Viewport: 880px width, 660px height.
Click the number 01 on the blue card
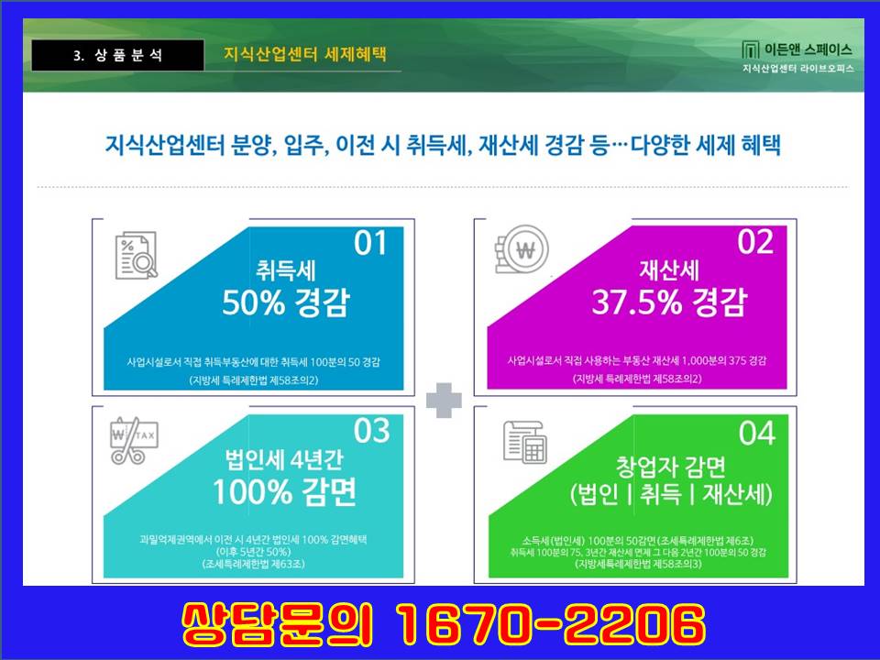click(x=370, y=244)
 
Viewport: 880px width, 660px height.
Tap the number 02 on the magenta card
click(x=755, y=242)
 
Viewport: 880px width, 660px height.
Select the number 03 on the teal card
click(x=371, y=431)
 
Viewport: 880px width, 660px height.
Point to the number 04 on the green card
click(x=757, y=433)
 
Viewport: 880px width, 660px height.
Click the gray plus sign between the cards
click(x=444, y=401)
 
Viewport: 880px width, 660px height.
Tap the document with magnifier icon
click(x=137, y=256)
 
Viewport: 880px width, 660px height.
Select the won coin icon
click(x=522, y=249)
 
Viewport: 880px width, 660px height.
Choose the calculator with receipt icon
click(x=524, y=442)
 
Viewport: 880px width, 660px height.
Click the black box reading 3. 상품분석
click(x=118, y=55)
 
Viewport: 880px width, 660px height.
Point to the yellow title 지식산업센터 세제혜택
click(x=305, y=54)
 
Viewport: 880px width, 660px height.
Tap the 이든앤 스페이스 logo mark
click(x=750, y=49)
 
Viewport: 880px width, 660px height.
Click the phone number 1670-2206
click(x=550, y=624)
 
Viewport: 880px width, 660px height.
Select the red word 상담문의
click(x=277, y=624)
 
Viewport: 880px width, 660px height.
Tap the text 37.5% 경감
click(x=669, y=302)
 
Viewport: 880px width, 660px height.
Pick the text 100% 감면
click(x=284, y=491)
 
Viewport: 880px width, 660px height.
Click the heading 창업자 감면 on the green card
click(x=671, y=466)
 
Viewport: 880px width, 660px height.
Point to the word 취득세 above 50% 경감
click(x=286, y=270)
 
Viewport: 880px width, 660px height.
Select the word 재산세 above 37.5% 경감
click(x=669, y=269)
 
